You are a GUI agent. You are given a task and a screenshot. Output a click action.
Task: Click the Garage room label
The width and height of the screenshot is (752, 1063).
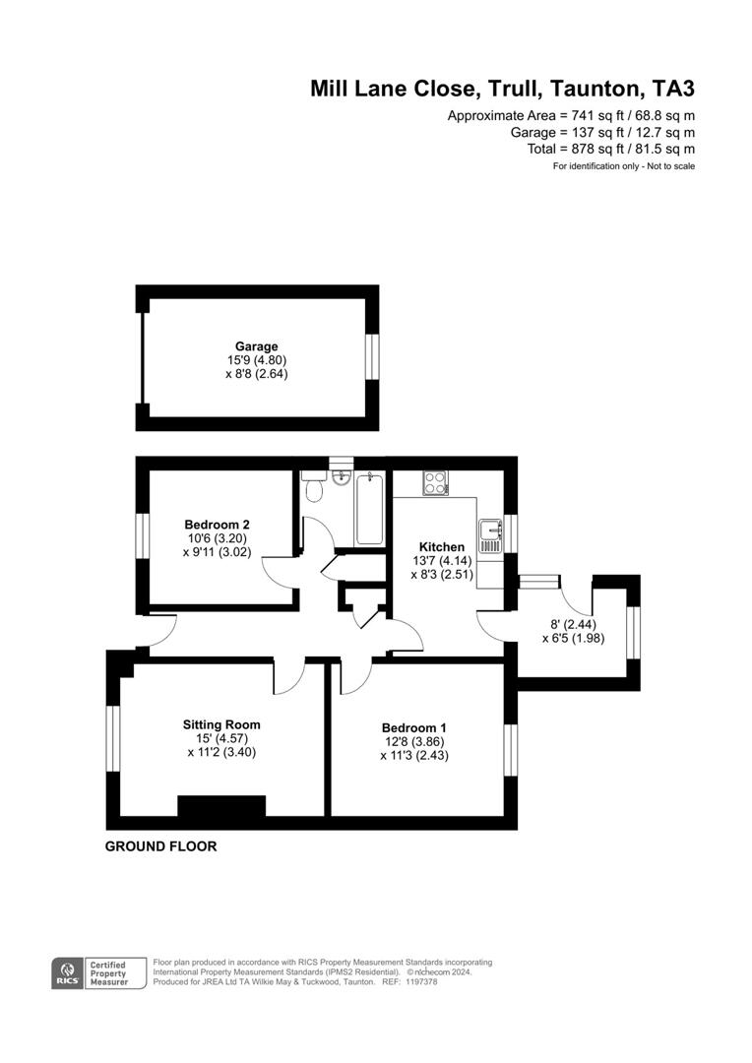256,346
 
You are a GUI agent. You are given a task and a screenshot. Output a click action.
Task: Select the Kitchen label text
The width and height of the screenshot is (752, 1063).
442,547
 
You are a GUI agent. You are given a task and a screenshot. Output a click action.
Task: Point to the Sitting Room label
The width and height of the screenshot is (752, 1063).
221,724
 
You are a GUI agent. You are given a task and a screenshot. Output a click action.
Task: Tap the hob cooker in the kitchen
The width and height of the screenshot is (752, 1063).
435,482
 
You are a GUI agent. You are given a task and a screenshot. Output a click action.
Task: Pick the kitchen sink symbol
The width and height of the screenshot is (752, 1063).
490,537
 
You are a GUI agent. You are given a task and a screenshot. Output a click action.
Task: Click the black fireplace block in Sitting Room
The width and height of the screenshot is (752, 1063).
221,806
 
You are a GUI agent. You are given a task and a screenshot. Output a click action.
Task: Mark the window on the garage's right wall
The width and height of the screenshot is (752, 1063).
372,355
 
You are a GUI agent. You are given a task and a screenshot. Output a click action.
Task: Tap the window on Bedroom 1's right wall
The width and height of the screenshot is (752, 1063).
510,750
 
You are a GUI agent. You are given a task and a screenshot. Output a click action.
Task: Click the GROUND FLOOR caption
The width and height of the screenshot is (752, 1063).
160,846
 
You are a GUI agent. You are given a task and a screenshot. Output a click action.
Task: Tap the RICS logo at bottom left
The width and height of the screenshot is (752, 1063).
68,972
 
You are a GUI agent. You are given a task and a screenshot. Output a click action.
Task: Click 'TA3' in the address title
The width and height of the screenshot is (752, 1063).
673,89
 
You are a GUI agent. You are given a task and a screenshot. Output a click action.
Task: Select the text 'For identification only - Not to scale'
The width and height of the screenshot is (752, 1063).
623,166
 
